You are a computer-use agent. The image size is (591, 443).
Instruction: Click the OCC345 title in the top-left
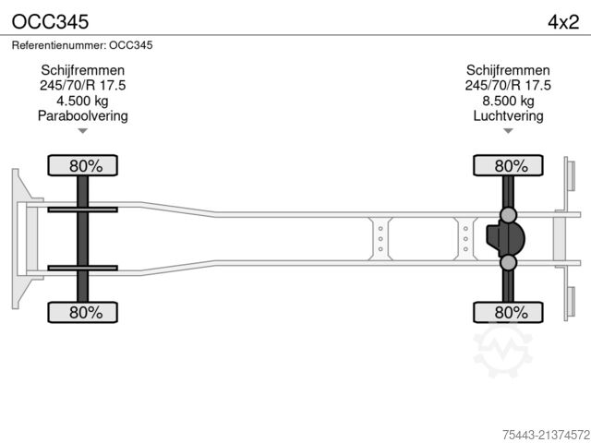51,22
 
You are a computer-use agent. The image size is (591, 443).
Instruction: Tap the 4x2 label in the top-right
563,22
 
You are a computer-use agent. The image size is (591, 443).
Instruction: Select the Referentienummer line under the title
82,45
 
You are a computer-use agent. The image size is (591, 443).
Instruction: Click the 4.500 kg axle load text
82,101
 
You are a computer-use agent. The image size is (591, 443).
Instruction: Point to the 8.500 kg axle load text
508,101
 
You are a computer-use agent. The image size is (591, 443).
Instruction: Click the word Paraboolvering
82,115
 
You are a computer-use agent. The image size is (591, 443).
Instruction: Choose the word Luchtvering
508,115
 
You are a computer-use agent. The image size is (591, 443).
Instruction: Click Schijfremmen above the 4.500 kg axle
82,70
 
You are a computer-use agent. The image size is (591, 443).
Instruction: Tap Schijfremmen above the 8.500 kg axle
508,70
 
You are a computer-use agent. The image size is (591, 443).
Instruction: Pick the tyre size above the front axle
82,85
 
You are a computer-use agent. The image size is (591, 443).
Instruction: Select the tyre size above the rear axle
508,85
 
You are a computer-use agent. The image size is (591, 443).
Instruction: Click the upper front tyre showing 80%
82,165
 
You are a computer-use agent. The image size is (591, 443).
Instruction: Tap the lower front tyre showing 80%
82,312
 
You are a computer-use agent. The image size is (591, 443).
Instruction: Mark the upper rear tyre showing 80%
508,165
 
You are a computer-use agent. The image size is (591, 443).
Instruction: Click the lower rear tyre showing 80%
508,312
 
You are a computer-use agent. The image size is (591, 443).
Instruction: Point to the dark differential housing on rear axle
505,238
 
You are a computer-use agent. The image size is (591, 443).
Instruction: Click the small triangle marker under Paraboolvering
82,131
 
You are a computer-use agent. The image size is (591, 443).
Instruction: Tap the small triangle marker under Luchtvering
508,131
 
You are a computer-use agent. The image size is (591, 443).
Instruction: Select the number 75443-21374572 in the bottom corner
546,435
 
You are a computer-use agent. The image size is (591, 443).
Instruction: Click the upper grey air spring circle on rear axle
508,215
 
